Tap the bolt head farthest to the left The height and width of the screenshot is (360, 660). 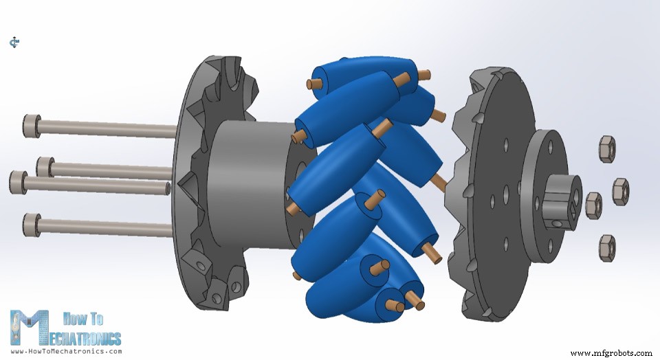[x=18, y=182]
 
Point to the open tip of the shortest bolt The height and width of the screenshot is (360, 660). [x=167, y=188]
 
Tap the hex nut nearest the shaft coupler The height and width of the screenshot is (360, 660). [x=593, y=205]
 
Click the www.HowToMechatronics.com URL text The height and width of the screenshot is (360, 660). [x=66, y=351]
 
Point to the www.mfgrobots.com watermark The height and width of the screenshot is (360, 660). [x=610, y=352]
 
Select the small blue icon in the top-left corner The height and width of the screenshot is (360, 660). [x=14, y=43]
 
